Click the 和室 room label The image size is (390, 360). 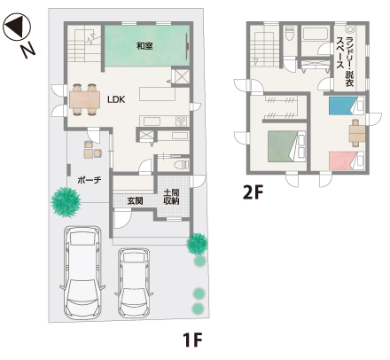[144, 46]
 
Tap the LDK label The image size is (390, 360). [116, 99]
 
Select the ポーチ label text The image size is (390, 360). [90, 180]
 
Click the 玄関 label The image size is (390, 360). [135, 201]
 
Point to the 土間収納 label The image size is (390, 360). [172, 197]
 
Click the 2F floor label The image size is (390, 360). [253, 192]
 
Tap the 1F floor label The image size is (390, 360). [192, 340]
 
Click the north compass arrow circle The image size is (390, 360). [17, 27]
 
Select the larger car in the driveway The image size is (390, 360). [82, 273]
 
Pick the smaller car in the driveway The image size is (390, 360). [134, 283]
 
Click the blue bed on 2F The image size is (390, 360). [346, 106]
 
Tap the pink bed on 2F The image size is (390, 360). [347, 160]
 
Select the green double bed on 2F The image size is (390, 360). [286, 146]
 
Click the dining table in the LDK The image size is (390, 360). [84, 99]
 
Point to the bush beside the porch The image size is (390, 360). [66, 202]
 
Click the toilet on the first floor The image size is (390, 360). [181, 164]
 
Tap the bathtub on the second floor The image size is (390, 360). [316, 34]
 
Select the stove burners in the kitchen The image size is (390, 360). [181, 121]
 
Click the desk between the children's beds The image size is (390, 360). [357, 133]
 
